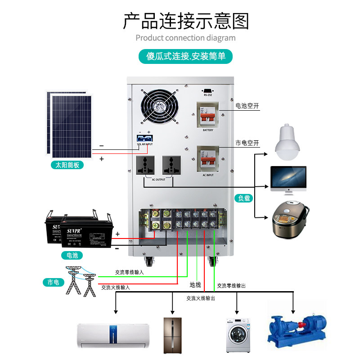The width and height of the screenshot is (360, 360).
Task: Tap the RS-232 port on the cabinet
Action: tap(207, 90)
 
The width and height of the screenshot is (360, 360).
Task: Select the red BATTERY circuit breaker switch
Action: tap(207, 118)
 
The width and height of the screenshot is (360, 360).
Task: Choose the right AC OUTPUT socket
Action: tap(171, 166)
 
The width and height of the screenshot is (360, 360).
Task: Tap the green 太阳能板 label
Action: tap(67, 165)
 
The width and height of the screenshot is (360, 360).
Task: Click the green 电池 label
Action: tap(72, 255)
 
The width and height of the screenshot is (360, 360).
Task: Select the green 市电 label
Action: tap(53, 283)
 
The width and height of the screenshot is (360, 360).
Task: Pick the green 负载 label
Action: tap(243, 198)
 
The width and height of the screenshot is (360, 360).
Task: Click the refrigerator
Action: tap(172, 334)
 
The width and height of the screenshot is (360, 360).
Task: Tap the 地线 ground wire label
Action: tap(195, 284)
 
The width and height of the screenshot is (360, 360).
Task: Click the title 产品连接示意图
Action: tap(185, 21)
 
